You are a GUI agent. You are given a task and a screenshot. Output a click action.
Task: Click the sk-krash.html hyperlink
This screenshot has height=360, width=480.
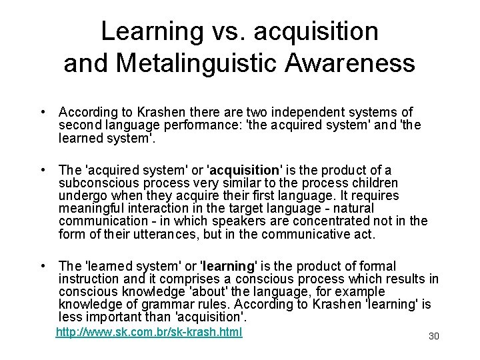pos(149,331)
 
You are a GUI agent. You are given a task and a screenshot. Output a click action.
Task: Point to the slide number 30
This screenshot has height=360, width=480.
pos(434,336)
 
